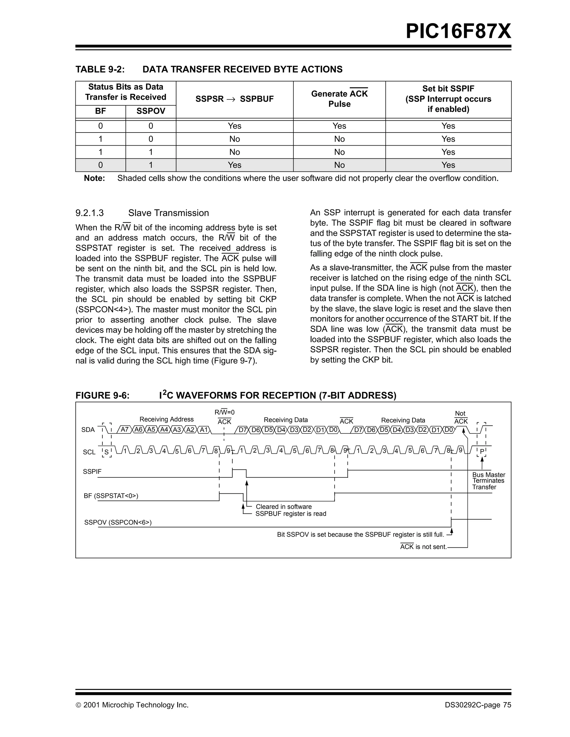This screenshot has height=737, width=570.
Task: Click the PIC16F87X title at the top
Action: (458, 32)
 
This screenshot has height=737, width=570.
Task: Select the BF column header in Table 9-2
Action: (100, 111)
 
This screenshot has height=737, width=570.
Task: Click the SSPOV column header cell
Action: (151, 111)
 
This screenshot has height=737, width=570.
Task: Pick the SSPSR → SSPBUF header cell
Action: (234, 99)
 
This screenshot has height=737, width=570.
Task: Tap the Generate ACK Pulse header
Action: (339, 99)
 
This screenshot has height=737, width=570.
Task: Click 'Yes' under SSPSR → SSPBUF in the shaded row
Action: (234, 165)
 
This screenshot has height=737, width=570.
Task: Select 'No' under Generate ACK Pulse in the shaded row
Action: (339, 165)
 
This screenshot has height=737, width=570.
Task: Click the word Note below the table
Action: (94, 178)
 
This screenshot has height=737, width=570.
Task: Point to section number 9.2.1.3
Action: (90, 213)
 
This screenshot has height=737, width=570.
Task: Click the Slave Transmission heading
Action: (168, 213)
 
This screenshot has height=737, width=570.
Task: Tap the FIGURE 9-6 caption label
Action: (102, 395)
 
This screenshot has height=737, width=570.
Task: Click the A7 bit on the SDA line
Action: (125, 430)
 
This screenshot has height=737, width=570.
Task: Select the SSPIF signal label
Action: (92, 472)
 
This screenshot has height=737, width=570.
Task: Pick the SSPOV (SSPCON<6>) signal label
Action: (118, 522)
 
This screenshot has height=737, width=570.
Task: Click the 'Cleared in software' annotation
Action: (284, 506)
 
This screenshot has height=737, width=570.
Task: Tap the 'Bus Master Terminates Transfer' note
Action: (488, 481)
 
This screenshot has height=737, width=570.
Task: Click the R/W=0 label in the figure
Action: (224, 412)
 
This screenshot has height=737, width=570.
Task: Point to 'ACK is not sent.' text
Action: (423, 547)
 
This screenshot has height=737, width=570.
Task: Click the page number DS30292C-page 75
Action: (478, 705)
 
